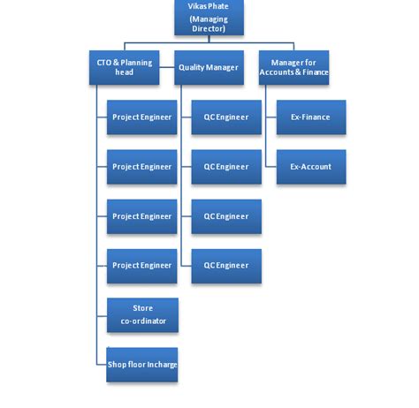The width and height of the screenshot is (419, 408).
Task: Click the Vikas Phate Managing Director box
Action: [209, 18]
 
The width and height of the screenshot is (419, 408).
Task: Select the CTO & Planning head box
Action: [124, 67]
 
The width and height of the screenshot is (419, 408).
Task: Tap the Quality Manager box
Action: [209, 67]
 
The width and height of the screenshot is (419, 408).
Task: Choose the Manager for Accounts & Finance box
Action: [294, 67]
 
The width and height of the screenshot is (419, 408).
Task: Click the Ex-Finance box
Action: [310, 117]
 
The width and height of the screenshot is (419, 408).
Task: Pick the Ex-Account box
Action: [310, 166]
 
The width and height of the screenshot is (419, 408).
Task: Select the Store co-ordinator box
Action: [142, 315]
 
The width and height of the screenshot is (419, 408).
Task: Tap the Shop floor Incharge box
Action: [142, 365]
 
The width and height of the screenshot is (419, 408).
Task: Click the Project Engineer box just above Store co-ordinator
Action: [142, 266]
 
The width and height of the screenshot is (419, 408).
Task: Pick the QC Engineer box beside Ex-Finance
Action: [226, 117]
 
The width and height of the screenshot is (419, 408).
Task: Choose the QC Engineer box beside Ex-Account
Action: [226, 166]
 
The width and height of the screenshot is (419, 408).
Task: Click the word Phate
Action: [218, 6]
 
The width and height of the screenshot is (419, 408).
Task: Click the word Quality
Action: [193, 67]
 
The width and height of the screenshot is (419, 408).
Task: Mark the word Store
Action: [142, 309]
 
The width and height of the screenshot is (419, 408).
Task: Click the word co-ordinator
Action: [142, 321]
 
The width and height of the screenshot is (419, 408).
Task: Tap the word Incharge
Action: [159, 365]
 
